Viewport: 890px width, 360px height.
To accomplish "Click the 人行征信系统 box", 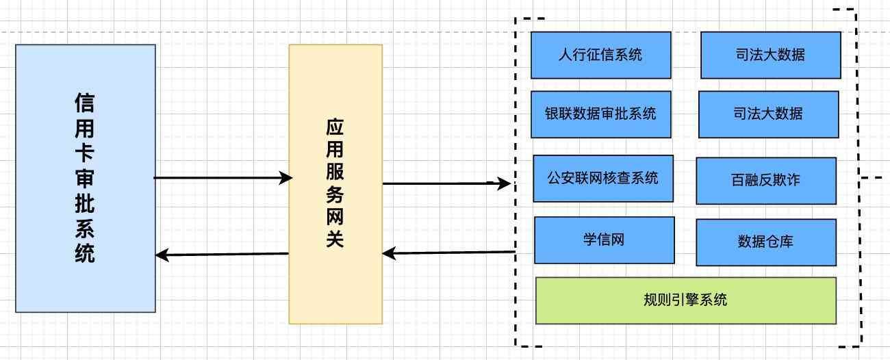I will tap(600, 55).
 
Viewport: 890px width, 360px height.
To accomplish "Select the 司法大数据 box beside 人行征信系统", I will tap(770, 55).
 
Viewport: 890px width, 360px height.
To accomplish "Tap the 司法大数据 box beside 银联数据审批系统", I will tap(768, 114).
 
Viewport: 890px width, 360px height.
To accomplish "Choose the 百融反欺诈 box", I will tap(765, 181).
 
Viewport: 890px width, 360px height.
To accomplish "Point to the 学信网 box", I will tap(604, 240).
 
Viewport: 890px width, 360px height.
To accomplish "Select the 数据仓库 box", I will tap(765, 242).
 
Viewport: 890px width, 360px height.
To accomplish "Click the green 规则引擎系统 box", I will tap(685, 300).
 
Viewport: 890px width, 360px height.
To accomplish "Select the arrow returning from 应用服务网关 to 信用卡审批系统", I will tap(222, 255).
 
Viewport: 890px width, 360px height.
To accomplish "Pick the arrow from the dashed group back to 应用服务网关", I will tap(448, 253).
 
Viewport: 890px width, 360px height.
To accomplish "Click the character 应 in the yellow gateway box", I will tap(334, 128).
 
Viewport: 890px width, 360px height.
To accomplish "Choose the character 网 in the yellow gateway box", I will tap(334, 217).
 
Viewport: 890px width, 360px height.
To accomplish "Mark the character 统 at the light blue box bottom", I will tap(84, 254).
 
